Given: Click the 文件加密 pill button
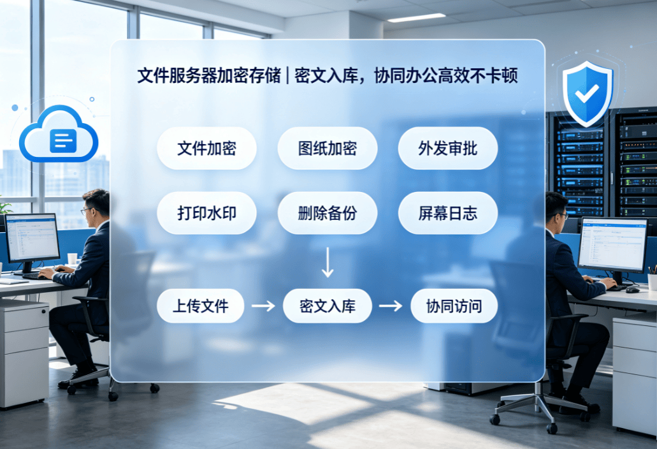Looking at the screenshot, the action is [206, 149].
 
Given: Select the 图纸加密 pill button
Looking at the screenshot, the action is [328, 149].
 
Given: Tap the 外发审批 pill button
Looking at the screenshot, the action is [448, 149].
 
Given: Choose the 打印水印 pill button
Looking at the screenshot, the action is [206, 213].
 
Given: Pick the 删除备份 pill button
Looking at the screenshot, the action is [328, 213].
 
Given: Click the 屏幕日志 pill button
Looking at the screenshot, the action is [448, 213].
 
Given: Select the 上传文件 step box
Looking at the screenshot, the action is [200, 306].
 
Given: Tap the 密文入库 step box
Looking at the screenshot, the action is [328, 306].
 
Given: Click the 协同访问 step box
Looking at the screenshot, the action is [454, 306].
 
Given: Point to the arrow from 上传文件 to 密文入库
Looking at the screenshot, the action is [264, 306].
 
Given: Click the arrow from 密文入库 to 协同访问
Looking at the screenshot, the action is [391, 306].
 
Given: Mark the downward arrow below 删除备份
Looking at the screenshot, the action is [328, 262].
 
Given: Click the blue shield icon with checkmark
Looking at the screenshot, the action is [588, 94].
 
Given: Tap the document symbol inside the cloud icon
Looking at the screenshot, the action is [63, 140].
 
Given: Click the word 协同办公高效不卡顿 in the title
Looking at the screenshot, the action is [446, 76].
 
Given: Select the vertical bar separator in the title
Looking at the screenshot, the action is [287, 76].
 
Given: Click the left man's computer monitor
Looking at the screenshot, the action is [32, 238].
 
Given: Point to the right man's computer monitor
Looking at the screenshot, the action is [612, 245].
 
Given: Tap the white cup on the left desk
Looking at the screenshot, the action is [72, 259].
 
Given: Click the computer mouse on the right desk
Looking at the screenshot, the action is [633, 290].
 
